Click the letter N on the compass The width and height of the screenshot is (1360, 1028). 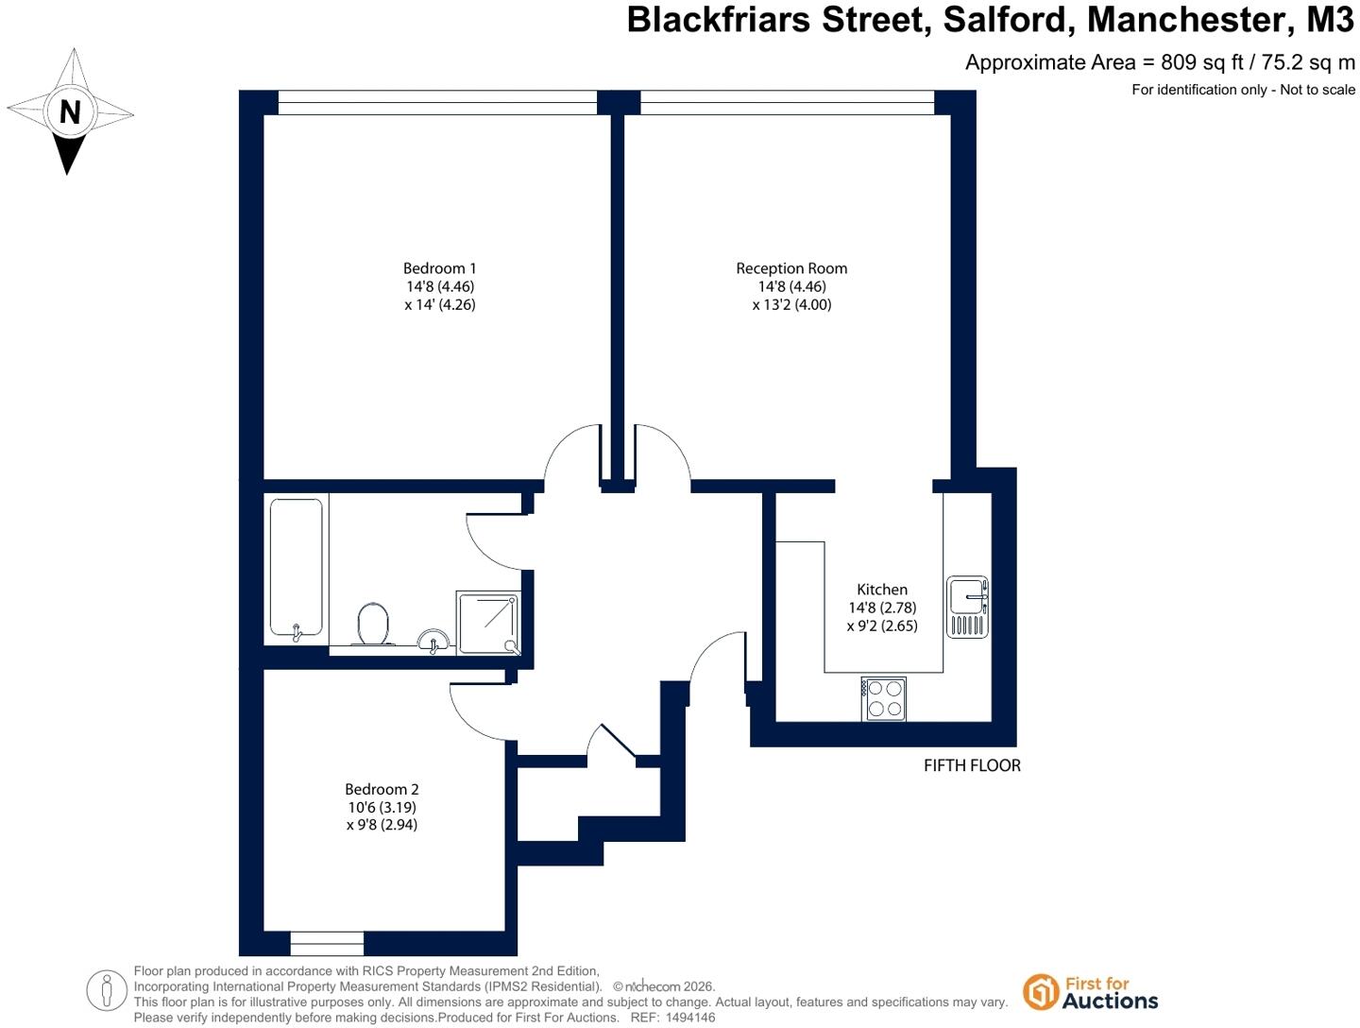[x=70, y=112]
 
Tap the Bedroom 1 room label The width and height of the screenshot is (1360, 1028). [x=439, y=268]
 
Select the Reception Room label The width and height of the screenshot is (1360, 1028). [x=791, y=268]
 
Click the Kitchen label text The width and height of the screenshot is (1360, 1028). [x=882, y=590]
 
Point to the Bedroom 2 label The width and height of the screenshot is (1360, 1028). [x=382, y=789]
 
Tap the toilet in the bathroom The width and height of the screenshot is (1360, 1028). [x=373, y=624]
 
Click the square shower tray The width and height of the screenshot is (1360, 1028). [x=488, y=623]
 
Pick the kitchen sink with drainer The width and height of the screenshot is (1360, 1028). [x=967, y=607]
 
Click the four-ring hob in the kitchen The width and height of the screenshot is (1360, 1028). [x=884, y=698]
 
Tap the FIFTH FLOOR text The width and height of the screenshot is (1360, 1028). [x=972, y=766]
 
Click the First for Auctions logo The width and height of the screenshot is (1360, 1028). [x=1090, y=992]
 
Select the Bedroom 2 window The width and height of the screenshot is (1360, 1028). [x=327, y=943]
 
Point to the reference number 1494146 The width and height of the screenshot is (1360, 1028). [x=690, y=1018]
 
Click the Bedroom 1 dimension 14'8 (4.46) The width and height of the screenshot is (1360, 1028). [x=440, y=286]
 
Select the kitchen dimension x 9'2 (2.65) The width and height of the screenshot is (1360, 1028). [x=882, y=625]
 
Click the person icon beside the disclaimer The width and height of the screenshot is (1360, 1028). [x=107, y=990]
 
